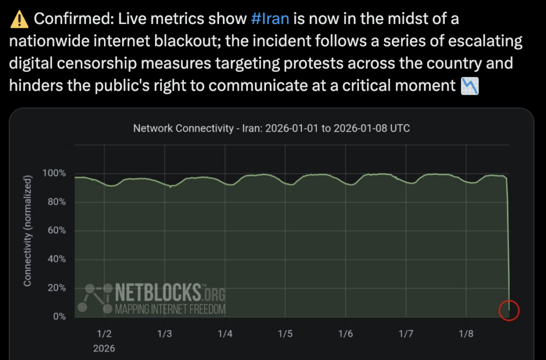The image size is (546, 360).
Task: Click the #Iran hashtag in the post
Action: click(270, 20)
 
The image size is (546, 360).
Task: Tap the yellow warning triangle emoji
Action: click(19, 20)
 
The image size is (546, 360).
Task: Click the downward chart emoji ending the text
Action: click(470, 86)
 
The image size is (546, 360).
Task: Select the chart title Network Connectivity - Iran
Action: click(271, 129)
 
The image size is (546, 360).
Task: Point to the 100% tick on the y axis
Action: click(54, 174)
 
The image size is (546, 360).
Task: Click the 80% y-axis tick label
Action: click(56, 202)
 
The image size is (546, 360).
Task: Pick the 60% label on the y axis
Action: click(56, 231)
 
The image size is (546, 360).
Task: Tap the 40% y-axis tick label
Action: click(56, 259)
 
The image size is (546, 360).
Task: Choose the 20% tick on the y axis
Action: click(56, 288)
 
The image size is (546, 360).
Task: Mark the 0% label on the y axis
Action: click(58, 316)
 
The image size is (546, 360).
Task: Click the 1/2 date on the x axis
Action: click(104, 334)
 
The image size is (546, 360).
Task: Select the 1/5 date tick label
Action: click(285, 334)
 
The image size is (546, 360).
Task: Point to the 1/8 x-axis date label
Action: click(467, 334)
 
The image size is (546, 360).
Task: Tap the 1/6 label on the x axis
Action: click(346, 334)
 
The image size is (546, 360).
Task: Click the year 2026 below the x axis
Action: click(104, 348)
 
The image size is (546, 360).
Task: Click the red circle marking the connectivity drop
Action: click(509, 310)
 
